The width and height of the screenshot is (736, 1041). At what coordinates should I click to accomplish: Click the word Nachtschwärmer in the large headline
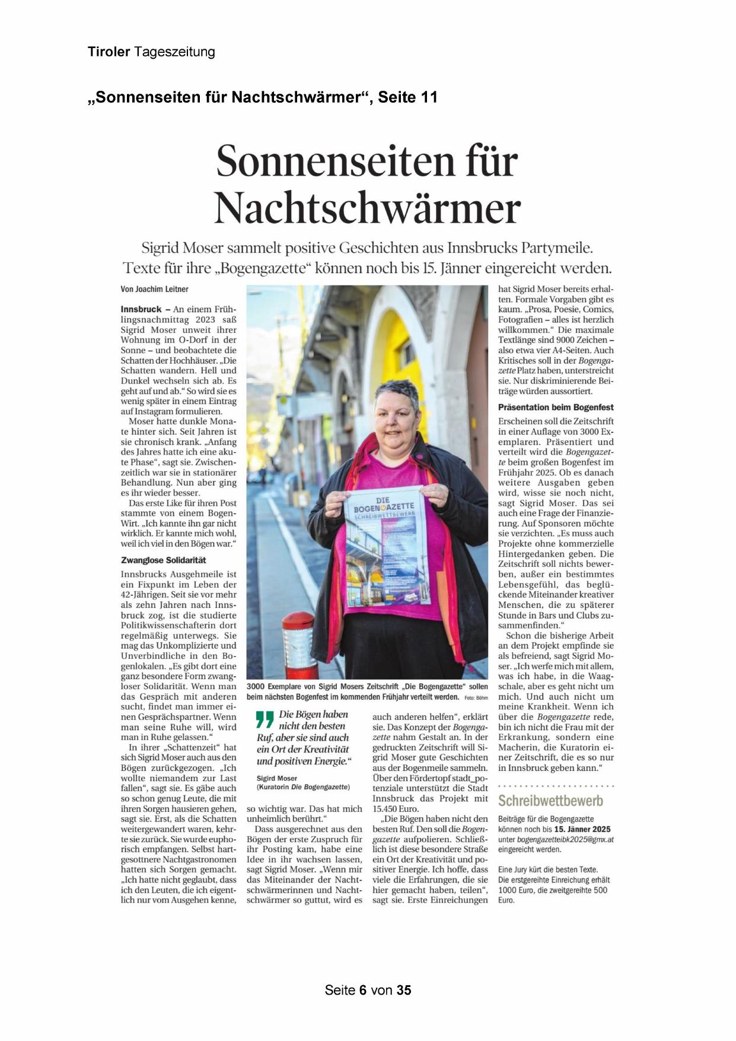(367, 209)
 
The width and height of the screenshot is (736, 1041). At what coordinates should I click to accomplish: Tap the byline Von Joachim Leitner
(154, 290)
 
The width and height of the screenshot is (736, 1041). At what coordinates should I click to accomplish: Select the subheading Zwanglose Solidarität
(164, 560)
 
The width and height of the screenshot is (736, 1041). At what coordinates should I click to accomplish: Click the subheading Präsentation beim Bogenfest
(556, 407)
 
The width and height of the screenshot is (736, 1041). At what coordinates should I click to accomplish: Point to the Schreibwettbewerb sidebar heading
(550, 801)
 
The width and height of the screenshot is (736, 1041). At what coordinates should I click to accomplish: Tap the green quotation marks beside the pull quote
(265, 719)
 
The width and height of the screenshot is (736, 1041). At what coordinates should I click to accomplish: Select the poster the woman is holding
(385, 552)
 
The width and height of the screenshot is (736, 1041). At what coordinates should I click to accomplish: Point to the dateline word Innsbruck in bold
(141, 309)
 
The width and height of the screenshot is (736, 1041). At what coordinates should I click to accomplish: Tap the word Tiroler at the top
(109, 52)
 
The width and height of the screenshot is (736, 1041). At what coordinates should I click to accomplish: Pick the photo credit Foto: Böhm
(476, 697)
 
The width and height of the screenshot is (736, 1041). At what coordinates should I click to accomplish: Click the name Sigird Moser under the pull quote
(277, 778)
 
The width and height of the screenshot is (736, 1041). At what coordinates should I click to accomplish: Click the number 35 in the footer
(404, 990)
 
